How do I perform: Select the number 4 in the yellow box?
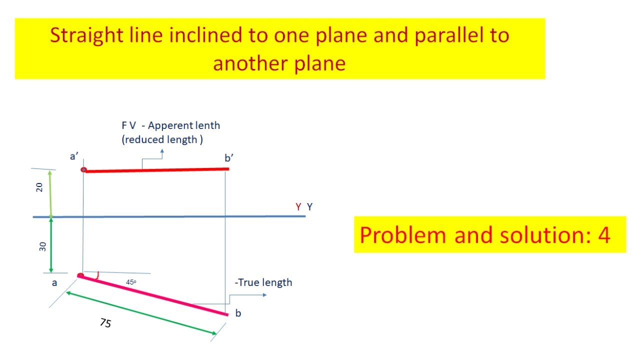tap(604, 235)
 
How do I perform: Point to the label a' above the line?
tap(74, 156)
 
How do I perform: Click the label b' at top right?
tap(229, 158)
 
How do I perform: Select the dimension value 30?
tap(42, 246)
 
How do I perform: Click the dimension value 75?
tap(105, 323)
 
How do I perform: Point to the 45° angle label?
tap(131, 282)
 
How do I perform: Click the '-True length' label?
tap(263, 282)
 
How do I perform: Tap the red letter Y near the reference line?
tap(298, 206)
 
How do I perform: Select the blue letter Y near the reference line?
tap(310, 206)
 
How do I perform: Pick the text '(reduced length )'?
tap(162, 139)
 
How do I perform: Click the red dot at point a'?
tap(83, 170)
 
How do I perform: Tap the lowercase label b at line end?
tap(238, 313)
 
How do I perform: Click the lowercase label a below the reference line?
tap(55, 283)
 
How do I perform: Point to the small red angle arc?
tap(99, 275)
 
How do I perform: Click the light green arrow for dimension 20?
tap(50, 193)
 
